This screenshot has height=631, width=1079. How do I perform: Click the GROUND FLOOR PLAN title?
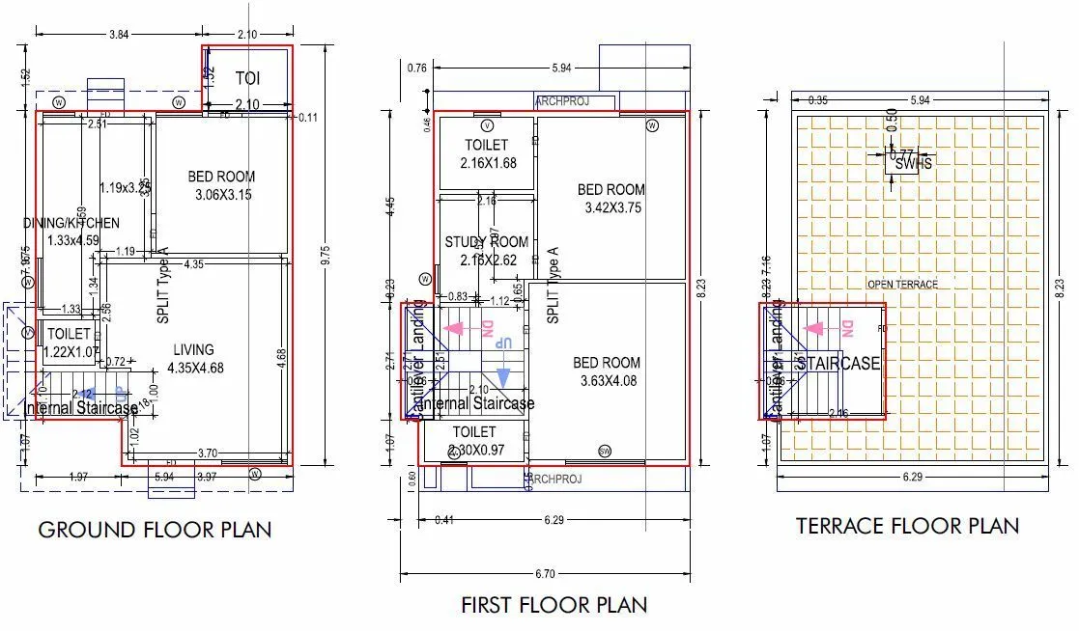155,530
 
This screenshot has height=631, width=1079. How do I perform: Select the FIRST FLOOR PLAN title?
554,605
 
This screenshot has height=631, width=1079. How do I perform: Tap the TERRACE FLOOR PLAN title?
907,526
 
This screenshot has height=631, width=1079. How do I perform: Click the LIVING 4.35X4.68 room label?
194,359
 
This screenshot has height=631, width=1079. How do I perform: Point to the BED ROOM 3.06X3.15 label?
221,185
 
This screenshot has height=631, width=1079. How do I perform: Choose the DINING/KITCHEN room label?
71,232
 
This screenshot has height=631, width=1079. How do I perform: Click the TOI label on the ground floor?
247,78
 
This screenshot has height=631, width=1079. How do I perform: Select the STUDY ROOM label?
486,251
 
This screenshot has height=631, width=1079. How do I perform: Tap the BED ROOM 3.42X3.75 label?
611,198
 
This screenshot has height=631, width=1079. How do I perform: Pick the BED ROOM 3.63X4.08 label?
607,371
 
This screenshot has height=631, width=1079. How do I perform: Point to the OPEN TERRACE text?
902,284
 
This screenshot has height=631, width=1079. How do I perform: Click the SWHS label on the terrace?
913,164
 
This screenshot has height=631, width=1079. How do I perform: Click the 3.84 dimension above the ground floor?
119,34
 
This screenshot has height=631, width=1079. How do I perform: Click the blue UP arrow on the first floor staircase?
503,377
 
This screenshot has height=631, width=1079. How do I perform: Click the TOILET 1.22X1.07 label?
69,343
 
